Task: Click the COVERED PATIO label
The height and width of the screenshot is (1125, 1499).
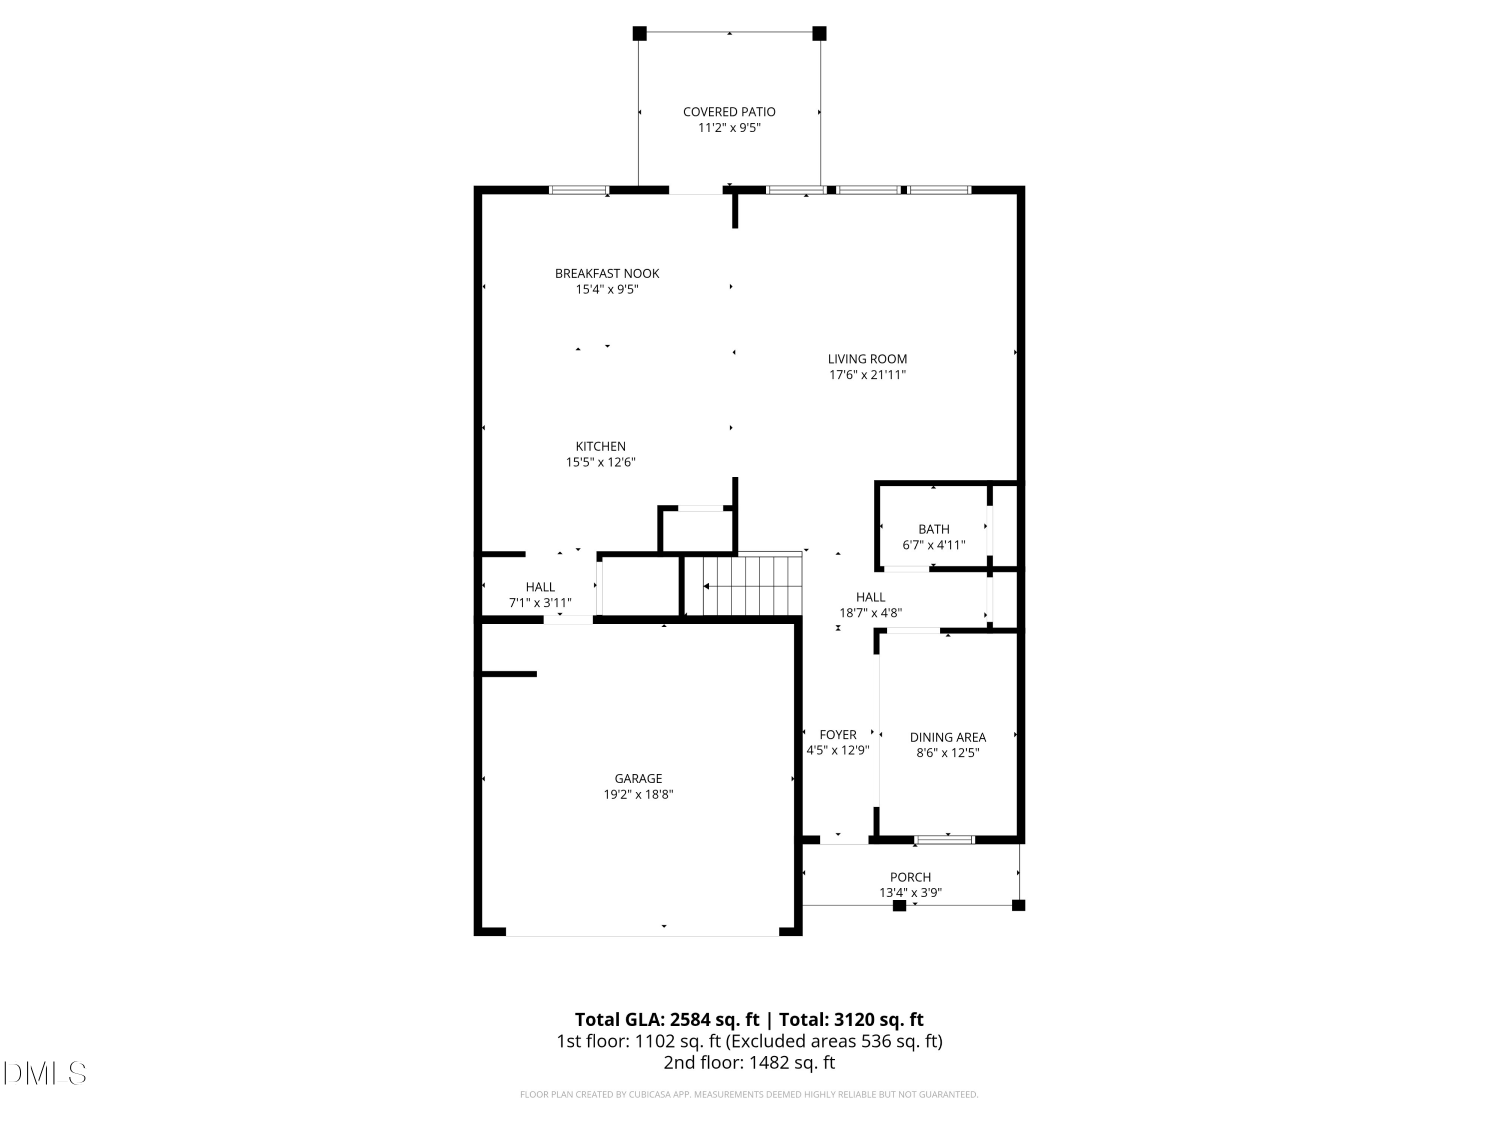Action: (729, 112)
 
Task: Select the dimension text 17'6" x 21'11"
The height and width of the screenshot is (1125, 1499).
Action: (867, 375)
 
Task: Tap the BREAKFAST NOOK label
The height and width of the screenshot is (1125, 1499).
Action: (607, 273)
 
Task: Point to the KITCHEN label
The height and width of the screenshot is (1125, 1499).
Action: (601, 446)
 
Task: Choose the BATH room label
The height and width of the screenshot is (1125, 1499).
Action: (933, 529)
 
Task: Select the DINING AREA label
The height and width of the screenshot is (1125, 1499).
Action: (947, 737)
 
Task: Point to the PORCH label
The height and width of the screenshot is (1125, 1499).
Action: (910, 877)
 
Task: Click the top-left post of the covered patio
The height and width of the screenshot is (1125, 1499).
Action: (639, 33)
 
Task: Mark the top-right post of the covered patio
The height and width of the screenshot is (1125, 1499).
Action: (819, 33)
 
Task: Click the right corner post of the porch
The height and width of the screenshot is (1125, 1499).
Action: (1018, 904)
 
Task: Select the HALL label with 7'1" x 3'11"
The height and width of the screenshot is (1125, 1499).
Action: (540, 586)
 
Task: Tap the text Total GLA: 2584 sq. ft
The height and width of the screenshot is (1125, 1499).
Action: (667, 1019)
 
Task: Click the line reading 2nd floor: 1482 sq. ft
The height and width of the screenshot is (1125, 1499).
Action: (749, 1062)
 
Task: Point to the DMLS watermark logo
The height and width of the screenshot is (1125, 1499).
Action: (45, 1073)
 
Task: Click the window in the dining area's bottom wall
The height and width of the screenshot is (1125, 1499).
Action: (945, 839)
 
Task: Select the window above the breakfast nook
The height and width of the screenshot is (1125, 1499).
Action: (579, 190)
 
